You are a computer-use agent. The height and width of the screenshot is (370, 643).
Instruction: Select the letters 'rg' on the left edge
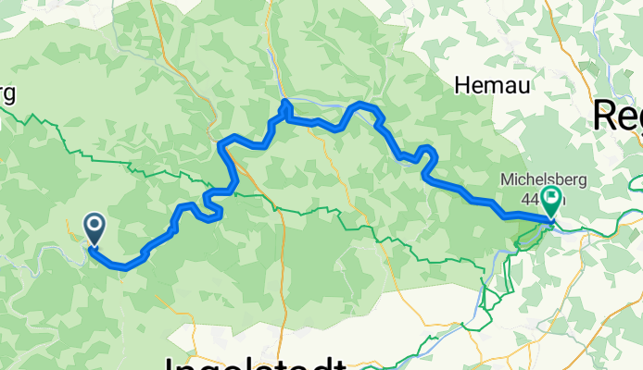point(8,92)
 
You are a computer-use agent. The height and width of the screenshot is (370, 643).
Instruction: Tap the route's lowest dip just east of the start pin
point(125,265)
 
